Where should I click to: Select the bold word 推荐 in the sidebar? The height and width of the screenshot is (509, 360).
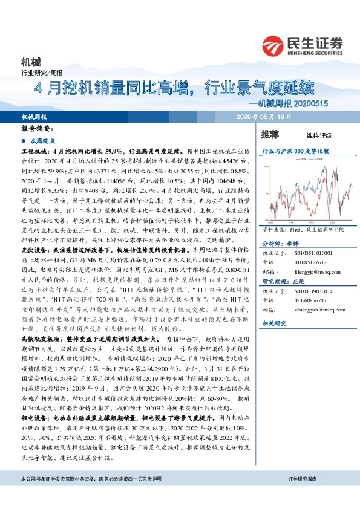[270, 134]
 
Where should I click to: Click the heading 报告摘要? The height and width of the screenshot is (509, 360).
[38, 129]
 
